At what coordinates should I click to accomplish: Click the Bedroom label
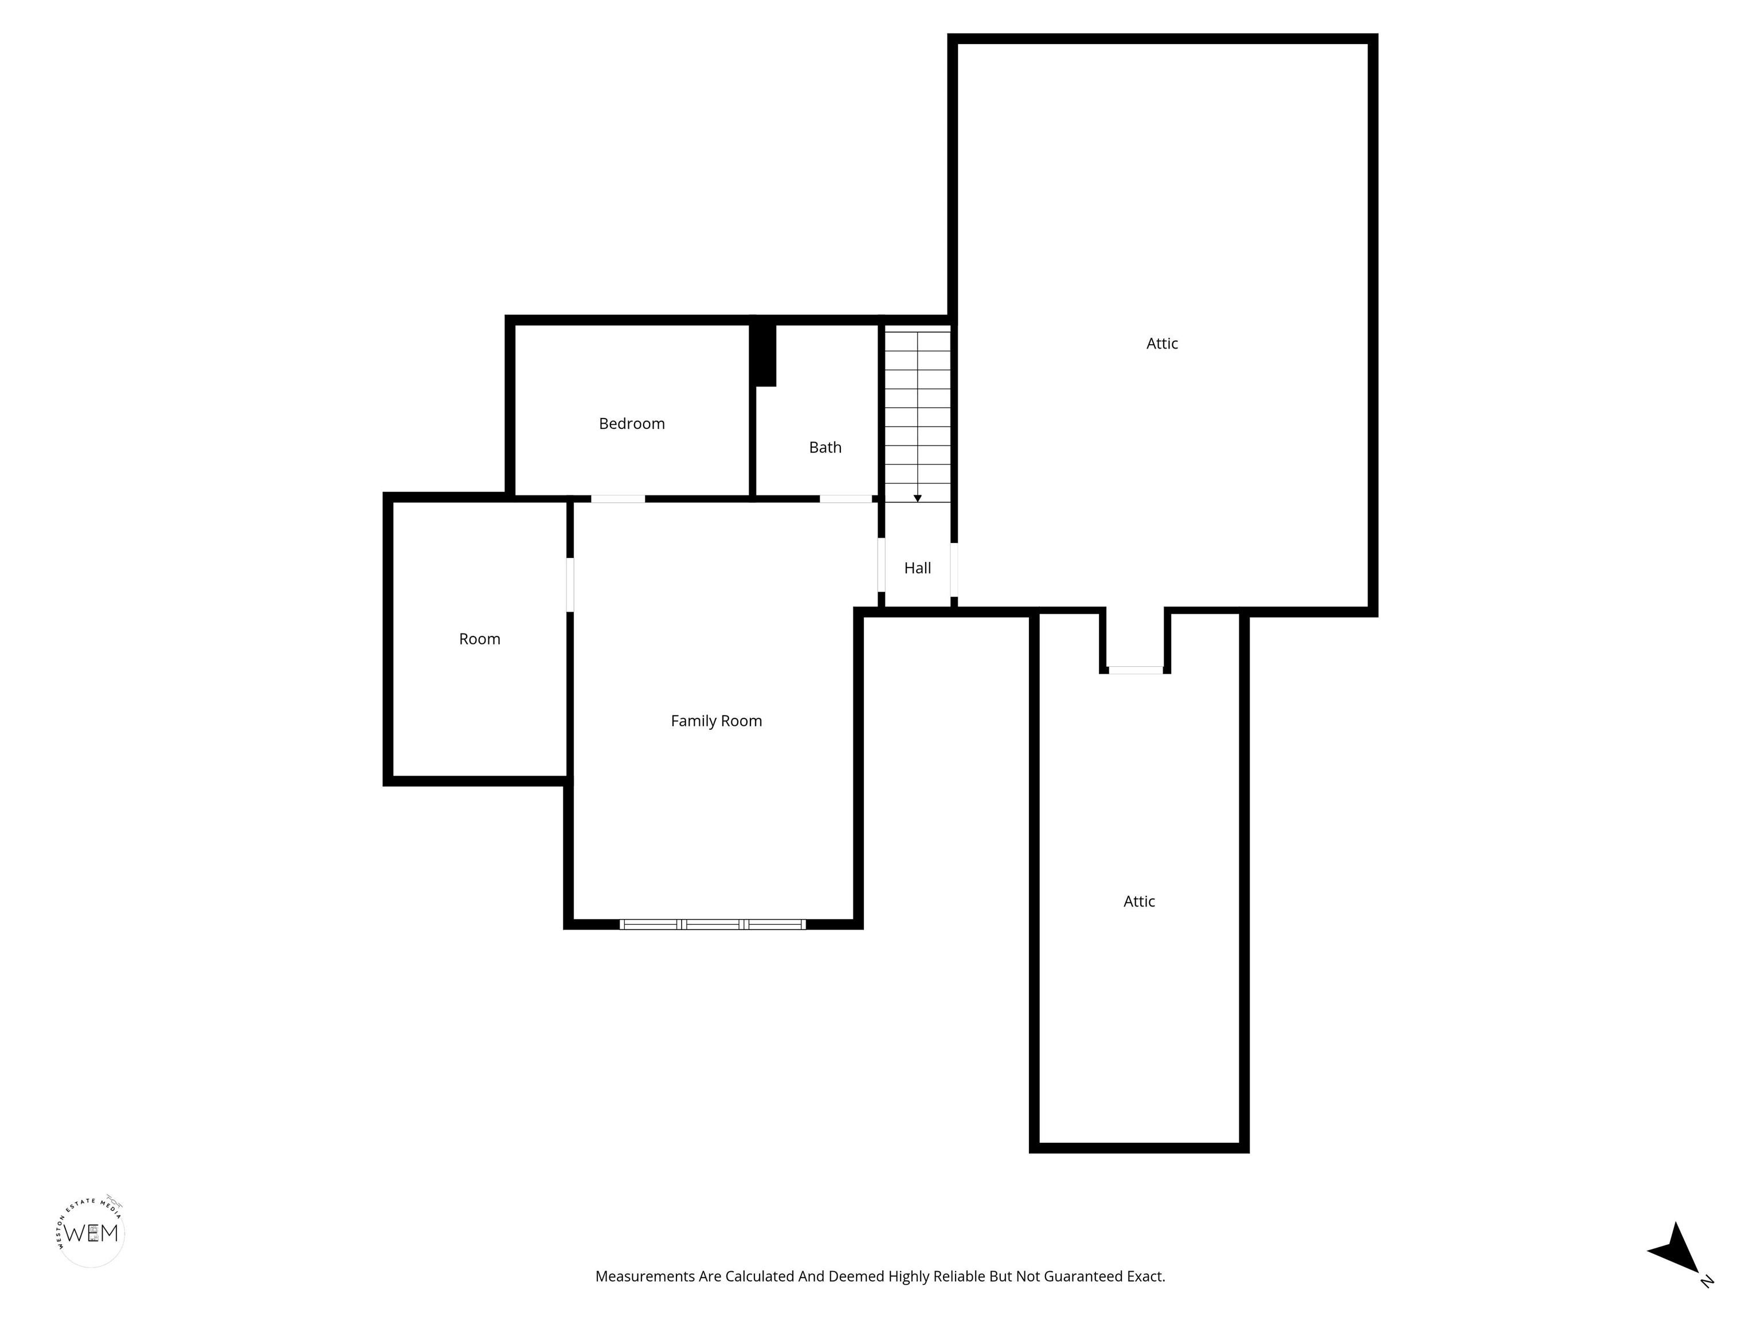tap(631, 424)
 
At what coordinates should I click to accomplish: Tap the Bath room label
tap(825, 447)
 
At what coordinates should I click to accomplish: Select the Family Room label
tap(716, 721)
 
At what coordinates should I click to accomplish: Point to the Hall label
tap(917, 568)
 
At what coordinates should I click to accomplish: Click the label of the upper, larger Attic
tap(1161, 343)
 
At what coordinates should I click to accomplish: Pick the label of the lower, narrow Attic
tap(1138, 901)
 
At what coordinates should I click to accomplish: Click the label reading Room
tap(479, 639)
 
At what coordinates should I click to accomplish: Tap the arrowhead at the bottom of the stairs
tap(917, 498)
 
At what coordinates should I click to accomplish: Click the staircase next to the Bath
tap(918, 416)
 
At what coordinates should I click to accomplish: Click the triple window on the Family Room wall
tap(713, 924)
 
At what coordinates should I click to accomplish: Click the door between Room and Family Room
tap(570, 584)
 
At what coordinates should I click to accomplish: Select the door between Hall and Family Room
tap(881, 565)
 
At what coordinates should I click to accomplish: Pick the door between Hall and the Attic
tap(954, 569)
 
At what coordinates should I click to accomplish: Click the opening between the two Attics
tap(1135, 670)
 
